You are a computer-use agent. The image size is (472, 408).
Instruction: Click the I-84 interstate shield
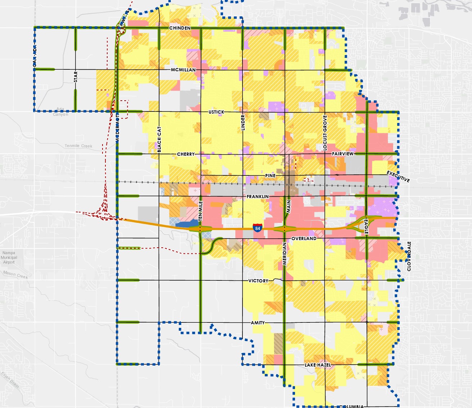tap(257, 228)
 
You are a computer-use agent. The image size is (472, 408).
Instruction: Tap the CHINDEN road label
tap(180, 28)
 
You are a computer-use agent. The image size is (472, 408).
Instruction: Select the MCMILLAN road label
tap(183, 70)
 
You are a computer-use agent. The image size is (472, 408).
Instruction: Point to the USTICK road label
tap(216, 112)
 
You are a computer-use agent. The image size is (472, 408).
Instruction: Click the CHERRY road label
tap(186, 154)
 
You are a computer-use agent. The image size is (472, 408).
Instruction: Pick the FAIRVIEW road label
tap(342, 154)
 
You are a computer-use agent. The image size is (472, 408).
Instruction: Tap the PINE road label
tap(270, 176)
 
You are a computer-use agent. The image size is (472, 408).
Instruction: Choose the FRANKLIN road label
tap(258, 197)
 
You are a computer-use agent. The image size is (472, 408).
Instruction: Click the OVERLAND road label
tap(304, 238)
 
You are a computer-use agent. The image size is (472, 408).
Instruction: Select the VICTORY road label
tap(258, 281)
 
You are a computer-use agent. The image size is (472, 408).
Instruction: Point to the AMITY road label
tap(258, 323)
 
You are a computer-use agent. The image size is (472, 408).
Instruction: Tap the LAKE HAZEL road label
tap(318, 365)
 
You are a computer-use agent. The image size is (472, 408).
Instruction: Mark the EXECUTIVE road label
tap(398, 177)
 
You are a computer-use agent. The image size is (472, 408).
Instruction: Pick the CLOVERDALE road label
tap(409, 256)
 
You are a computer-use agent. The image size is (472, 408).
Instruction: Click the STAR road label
tap(76, 77)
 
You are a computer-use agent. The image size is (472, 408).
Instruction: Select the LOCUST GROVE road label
tap(325, 133)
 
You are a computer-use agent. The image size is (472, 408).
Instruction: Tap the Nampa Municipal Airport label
tap(9, 257)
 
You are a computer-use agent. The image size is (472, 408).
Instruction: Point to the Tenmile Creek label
tap(78, 146)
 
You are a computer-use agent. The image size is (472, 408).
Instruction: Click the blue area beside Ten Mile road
tap(186, 224)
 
